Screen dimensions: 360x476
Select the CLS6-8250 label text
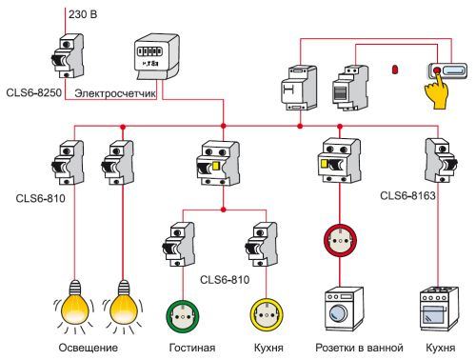click(x=40, y=92)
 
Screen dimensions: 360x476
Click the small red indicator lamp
click(x=393, y=70)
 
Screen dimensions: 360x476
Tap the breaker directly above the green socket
click(x=179, y=245)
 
